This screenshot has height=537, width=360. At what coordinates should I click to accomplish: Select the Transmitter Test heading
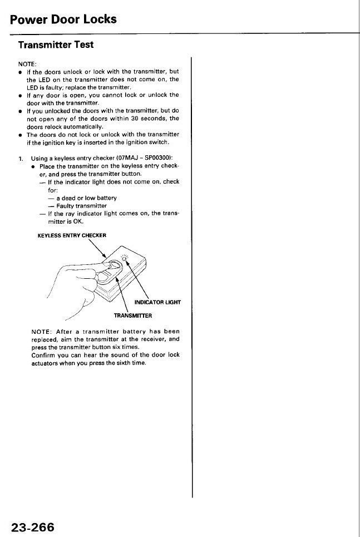tap(56, 44)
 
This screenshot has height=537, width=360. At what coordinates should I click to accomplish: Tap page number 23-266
tap(32, 526)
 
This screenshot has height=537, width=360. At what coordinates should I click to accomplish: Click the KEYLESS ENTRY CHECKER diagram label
tap(72, 235)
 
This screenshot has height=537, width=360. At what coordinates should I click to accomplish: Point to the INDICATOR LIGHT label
tap(157, 303)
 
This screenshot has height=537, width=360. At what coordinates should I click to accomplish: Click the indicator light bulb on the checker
tap(125, 257)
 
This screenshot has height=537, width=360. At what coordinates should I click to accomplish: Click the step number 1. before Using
tap(21, 159)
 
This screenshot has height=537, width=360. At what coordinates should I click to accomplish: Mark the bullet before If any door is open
tap(19, 95)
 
